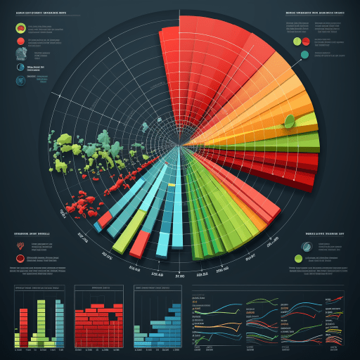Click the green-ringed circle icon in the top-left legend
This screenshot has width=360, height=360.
20,29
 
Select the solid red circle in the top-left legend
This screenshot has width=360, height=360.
20,42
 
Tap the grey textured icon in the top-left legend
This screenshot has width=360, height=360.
20,55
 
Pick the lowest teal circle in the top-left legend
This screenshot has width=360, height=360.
20,67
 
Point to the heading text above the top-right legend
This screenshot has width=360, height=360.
315,13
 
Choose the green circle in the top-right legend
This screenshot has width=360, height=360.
296,41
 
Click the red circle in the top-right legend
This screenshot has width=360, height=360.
305,41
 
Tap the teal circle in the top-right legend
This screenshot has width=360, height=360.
305,54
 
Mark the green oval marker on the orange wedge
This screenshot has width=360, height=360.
289,120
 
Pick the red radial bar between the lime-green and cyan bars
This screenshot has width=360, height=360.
141,242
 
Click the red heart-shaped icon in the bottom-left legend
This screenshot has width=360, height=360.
20,245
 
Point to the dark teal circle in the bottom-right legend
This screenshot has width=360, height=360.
307,246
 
